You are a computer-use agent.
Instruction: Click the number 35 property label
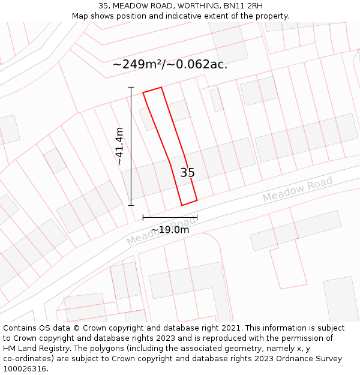(x=187, y=173)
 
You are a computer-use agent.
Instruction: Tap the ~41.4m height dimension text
(x=119, y=146)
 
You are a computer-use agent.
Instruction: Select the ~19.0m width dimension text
(x=170, y=230)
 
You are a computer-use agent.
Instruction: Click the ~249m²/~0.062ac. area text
(x=170, y=64)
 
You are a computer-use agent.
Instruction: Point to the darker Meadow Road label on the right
(x=297, y=190)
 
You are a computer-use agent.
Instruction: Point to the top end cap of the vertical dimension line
(x=131, y=88)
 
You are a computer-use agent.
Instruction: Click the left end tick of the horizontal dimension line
(x=143, y=217)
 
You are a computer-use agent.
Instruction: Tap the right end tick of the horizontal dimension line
(x=197, y=217)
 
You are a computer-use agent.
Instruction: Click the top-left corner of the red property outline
(x=143, y=92)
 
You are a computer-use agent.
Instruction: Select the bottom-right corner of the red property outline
(x=197, y=200)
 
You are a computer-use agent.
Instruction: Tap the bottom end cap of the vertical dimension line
(x=131, y=205)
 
